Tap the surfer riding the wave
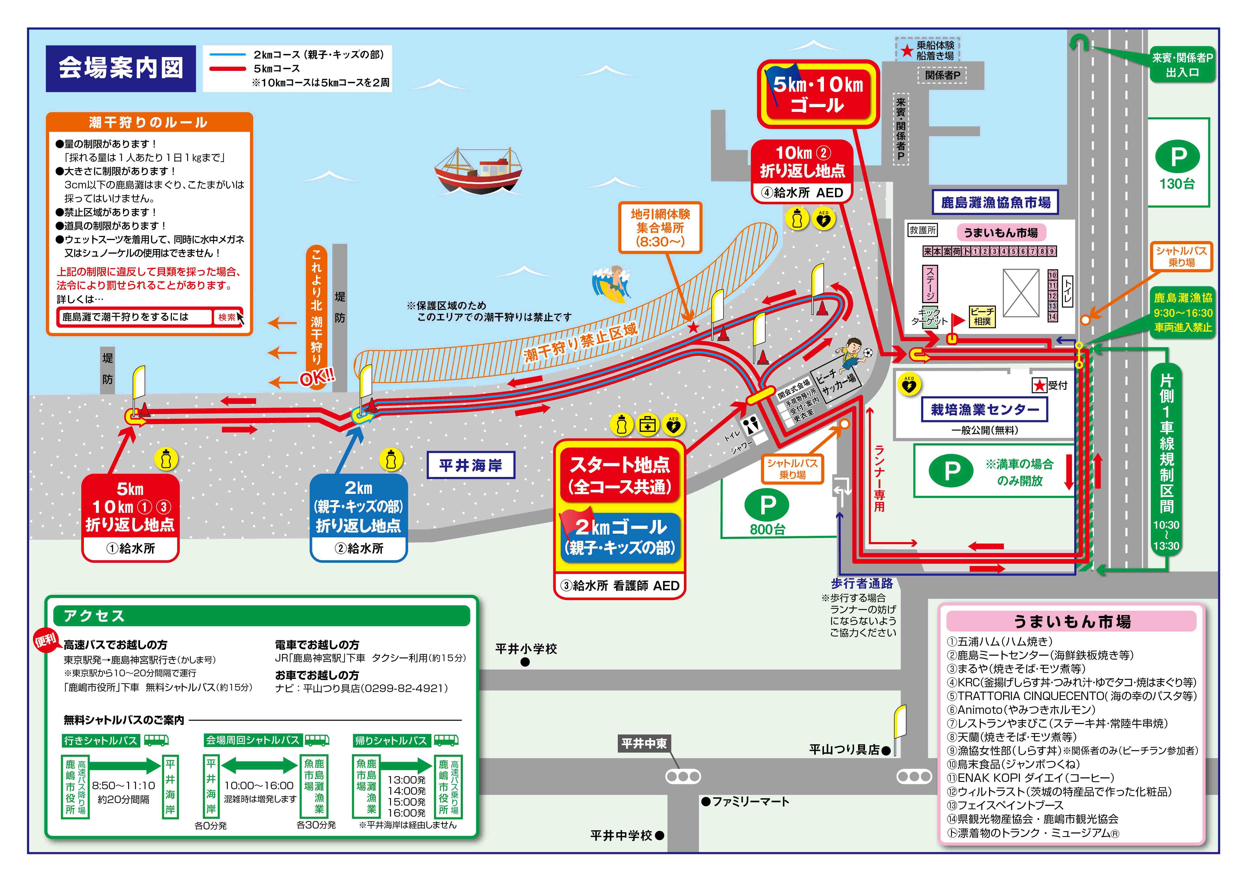(612, 284)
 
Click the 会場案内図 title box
(121, 68)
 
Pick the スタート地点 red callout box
(620, 476)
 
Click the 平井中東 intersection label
(644, 743)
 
